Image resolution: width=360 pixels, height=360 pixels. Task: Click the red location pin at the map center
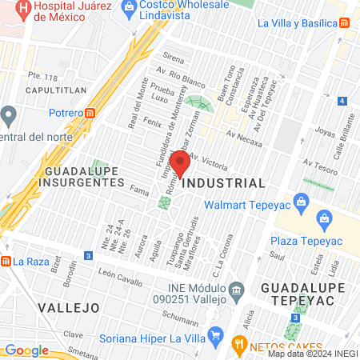[x=181, y=165]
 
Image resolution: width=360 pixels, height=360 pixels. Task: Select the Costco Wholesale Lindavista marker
[x=128, y=8]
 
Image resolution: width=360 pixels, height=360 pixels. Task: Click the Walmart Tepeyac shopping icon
[x=301, y=201]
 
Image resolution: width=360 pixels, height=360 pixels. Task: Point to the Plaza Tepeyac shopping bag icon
[x=325, y=218]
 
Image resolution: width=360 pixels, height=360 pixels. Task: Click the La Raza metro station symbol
[x=6, y=260]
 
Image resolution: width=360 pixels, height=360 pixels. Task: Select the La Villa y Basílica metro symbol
[x=345, y=23]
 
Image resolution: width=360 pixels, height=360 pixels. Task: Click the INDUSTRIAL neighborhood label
[x=224, y=183]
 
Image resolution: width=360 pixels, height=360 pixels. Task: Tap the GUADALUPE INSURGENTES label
[x=82, y=177]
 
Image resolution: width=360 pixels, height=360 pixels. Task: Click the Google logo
[x=26, y=350]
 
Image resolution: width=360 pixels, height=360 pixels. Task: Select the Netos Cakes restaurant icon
[x=238, y=345]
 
